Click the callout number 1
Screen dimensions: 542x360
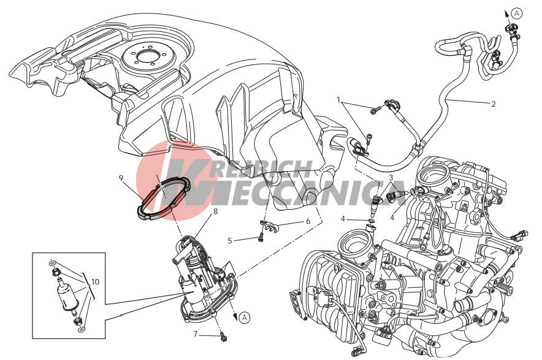point(339,100)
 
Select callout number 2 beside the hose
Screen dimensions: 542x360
point(494,104)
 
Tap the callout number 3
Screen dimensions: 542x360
point(391,178)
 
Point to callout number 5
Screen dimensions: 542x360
point(230,240)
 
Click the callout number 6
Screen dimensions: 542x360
point(308,221)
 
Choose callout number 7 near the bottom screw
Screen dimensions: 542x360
point(196,334)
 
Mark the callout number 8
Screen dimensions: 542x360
point(216,211)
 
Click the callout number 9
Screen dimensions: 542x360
point(121,178)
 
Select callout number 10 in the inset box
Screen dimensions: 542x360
point(95,282)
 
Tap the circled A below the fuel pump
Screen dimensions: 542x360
point(245,317)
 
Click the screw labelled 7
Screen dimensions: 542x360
point(224,336)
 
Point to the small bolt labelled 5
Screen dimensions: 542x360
point(261,237)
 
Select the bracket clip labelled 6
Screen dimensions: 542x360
point(269,226)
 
